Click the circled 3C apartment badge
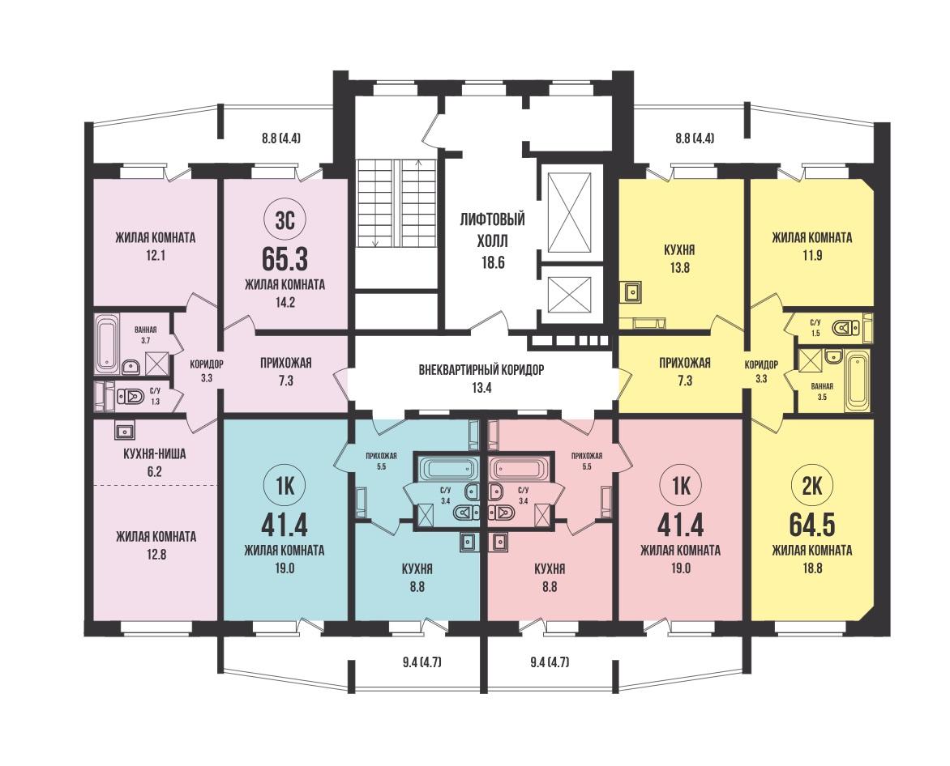[285, 220]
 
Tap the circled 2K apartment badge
[812, 486]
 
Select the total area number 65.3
[285, 260]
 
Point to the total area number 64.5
[812, 526]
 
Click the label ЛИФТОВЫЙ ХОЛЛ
[491, 230]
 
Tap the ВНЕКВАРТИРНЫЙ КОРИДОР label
[481, 370]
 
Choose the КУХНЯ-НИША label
[155, 453]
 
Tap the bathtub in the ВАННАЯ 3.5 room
[858, 381]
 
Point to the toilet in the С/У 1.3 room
[128, 397]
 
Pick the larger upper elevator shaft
[568, 212]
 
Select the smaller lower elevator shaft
[568, 296]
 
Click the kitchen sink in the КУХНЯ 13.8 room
[633, 293]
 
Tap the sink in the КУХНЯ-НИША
[126, 431]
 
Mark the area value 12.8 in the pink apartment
[156, 554]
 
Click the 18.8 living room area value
[812, 568]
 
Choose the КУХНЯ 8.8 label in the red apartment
[550, 578]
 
